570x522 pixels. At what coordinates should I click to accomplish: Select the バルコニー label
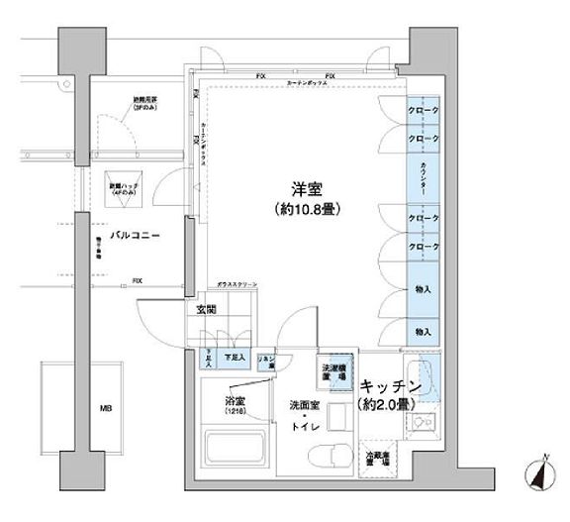136,236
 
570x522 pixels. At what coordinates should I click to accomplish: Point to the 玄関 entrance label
205,310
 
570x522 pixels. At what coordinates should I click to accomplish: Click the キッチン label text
392,385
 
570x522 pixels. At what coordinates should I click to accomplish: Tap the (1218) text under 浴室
235,410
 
